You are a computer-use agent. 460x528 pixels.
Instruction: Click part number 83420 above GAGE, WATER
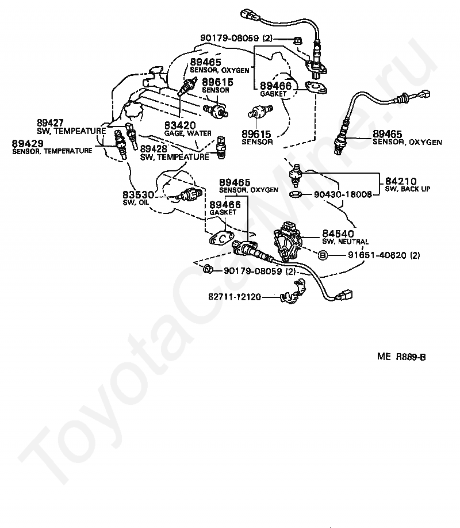[x=180, y=125]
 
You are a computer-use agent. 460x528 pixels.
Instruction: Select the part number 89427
[x=50, y=123]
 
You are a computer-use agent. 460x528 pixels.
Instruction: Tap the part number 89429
[x=28, y=143]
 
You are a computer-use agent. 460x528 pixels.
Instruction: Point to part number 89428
[x=154, y=149]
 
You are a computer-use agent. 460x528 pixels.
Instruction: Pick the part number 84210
[x=401, y=181]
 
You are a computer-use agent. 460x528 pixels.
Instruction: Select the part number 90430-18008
[x=343, y=194]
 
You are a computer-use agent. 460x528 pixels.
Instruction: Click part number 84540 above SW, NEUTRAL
[x=338, y=234]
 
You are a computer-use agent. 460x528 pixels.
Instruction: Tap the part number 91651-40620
[x=377, y=255]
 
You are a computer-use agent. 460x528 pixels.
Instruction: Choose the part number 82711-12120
[x=235, y=297]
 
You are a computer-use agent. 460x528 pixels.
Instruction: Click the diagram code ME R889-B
[x=401, y=357]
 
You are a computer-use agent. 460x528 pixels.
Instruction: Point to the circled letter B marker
[x=323, y=255]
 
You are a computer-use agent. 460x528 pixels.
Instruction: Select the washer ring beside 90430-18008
[x=296, y=194]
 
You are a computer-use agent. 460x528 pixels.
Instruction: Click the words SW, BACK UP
[x=408, y=189]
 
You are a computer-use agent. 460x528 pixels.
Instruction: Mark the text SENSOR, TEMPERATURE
[x=52, y=151]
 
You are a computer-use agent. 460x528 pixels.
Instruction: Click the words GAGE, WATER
[x=187, y=133]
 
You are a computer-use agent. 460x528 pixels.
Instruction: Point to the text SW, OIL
[x=136, y=202]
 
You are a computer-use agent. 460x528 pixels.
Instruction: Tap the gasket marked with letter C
[x=221, y=239]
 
